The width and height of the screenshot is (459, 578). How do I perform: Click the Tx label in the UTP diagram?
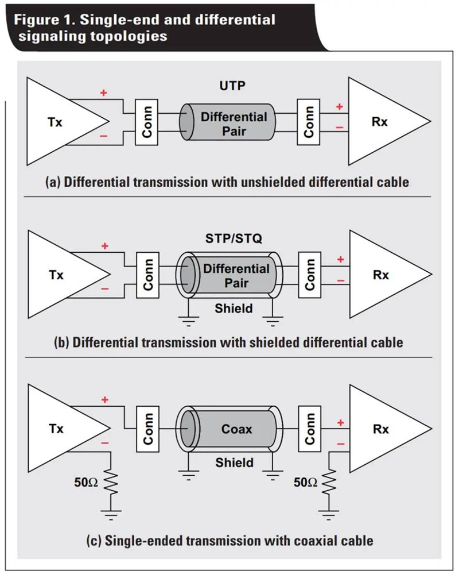[x=55, y=122]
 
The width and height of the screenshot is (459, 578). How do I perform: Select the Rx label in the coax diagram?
[x=380, y=429]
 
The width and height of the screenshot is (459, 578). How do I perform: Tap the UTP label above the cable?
[x=232, y=86]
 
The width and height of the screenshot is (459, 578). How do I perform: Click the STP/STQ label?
[x=234, y=238]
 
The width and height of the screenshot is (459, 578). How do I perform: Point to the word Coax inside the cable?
[x=237, y=429]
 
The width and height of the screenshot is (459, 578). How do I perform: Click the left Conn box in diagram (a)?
[x=146, y=122]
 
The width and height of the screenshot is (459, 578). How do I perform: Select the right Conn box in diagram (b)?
[x=310, y=275]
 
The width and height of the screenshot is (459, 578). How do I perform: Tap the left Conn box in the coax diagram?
[x=147, y=429]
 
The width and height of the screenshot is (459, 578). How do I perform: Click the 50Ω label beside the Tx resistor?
[x=85, y=483]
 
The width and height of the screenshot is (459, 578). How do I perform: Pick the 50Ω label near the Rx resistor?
[x=305, y=483]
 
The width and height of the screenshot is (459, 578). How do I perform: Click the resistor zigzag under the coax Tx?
[x=111, y=482]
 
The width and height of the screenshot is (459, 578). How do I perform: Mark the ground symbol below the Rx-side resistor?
[x=329, y=515]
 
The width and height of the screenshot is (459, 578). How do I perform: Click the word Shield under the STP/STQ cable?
[x=234, y=308]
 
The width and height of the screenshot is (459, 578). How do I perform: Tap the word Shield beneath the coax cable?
[x=235, y=463]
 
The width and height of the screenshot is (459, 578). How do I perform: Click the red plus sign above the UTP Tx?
[x=104, y=93]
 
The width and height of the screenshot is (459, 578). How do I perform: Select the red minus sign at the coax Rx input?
[x=340, y=444]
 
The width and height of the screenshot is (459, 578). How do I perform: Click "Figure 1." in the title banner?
[x=45, y=20]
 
